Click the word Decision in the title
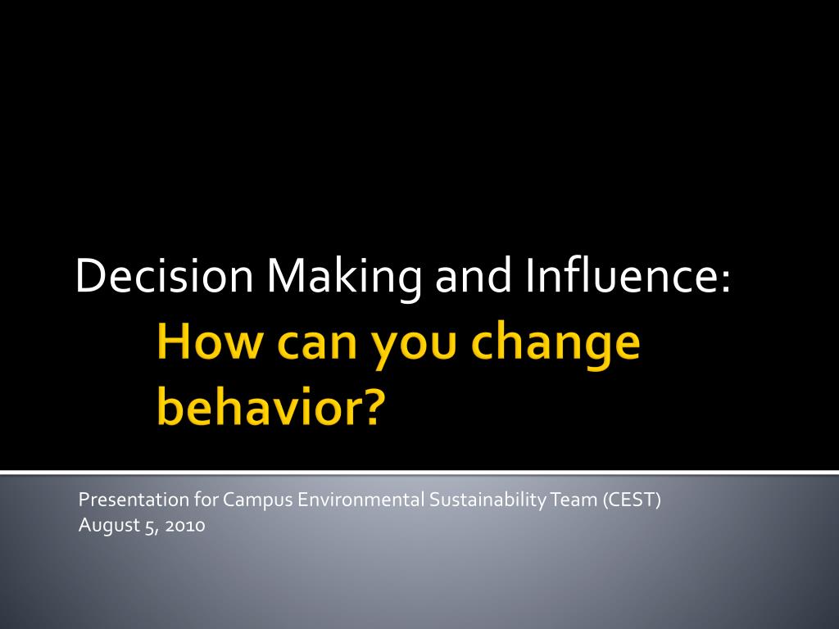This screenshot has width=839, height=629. pos(164,275)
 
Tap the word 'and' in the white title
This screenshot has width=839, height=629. pos(473,275)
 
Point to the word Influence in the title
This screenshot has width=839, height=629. pos(619,275)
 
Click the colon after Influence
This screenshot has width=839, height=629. pos(724,280)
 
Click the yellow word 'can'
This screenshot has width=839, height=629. pos(317,346)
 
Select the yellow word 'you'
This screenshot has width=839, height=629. pos(414,351)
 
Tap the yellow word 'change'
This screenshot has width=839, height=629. pos(556,345)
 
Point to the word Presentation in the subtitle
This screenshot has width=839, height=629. pos(134,500)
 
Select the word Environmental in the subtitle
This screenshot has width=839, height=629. pos(361,500)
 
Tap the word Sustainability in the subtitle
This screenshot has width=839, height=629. pos(488,500)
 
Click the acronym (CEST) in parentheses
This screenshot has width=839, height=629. pos(632,500)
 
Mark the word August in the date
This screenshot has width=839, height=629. pos(109,526)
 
